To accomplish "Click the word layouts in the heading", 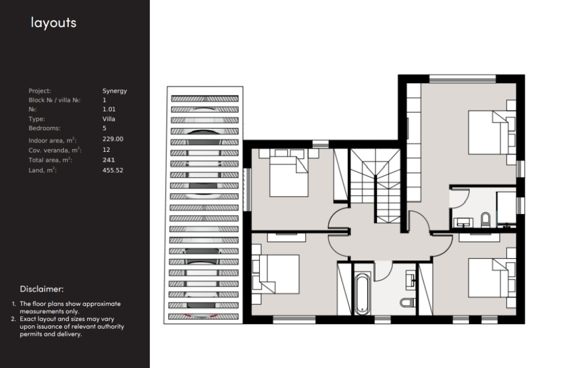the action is (54, 23).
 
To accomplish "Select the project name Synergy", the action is (114, 91).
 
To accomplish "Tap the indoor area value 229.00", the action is (113, 139).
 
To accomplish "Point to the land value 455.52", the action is (113, 170).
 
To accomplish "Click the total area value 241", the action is (109, 160).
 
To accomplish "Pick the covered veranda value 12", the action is (106, 150).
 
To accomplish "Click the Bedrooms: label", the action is (44, 128).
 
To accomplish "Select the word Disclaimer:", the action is (42, 289).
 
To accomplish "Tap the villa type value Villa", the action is (109, 119).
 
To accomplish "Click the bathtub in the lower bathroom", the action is (362, 294).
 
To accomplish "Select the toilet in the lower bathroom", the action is (408, 302).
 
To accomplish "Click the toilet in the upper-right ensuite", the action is (485, 219).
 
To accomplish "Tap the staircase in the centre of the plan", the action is (376, 186).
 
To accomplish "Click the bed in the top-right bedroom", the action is (491, 132).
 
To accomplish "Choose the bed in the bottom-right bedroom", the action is (491, 278).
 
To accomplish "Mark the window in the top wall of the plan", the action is (462, 79).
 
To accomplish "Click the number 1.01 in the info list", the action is (109, 109).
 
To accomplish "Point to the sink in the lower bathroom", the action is (411, 280).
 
